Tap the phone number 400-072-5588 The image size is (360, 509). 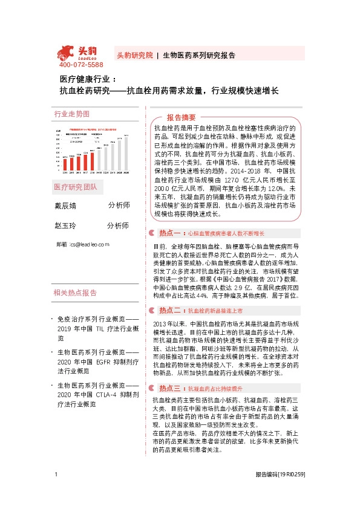click(80, 65)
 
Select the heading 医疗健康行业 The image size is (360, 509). click(83, 79)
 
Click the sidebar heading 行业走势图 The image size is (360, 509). click(71, 114)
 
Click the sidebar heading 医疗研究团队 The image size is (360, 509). click(76, 186)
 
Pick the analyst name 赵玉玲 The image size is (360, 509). click(66, 225)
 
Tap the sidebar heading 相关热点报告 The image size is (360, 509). click(75, 293)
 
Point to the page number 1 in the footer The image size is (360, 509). click(56, 491)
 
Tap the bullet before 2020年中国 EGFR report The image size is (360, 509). click(52, 352)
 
